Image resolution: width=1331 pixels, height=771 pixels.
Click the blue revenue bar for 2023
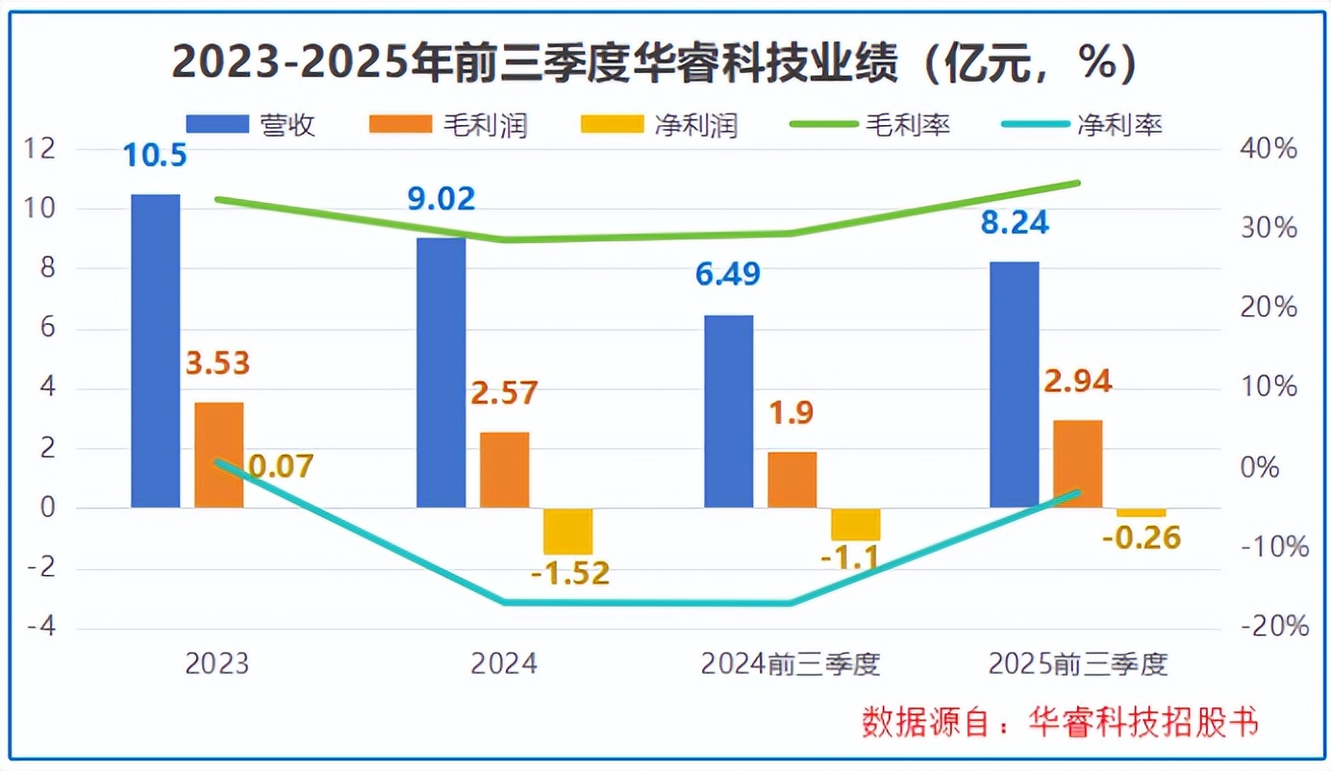tap(156, 351)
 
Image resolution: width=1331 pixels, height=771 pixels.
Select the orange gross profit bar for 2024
tap(505, 470)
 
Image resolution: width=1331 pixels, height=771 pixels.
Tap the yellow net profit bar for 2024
tap(568, 531)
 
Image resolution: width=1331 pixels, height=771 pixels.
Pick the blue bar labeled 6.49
tap(729, 411)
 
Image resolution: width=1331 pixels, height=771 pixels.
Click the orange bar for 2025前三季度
tap(1078, 464)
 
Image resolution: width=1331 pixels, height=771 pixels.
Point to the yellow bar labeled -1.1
tap(856, 525)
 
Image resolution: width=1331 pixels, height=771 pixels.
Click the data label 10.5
tap(155, 155)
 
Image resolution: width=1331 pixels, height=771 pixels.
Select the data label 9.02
tap(441, 198)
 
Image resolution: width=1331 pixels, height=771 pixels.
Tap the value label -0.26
tap(1142, 538)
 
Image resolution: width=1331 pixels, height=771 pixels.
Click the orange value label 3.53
tap(217, 363)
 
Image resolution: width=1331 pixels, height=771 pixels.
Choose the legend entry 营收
tap(250, 125)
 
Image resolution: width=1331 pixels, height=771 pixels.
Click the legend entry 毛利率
tap(870, 125)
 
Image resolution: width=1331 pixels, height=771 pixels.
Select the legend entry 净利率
tap(1081, 125)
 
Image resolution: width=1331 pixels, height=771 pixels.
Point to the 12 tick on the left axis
tap(38, 148)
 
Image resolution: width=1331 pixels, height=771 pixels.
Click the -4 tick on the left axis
tap(41, 627)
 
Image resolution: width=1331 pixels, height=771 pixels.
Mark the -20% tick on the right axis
tap(1275, 627)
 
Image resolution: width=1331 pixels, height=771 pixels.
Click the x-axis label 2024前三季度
tap(791, 664)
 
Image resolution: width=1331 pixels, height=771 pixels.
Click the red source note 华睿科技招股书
tap(1143, 722)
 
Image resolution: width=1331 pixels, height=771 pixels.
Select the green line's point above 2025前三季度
tap(1078, 183)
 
